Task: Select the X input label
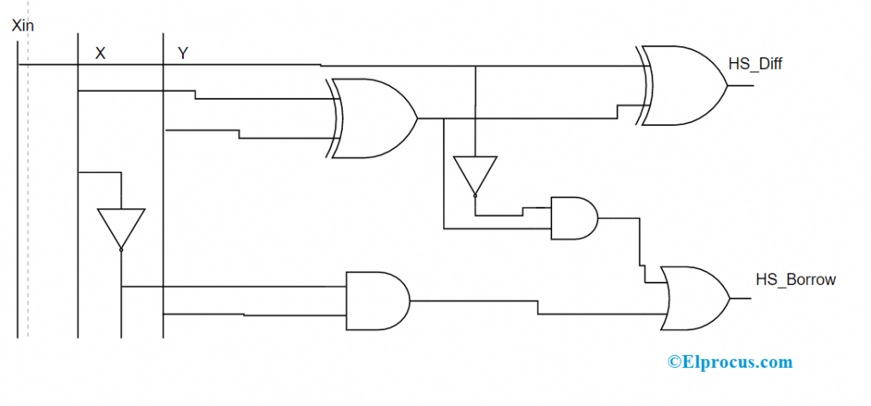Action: (x=100, y=53)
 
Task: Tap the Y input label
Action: (x=183, y=53)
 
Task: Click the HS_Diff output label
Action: (x=755, y=64)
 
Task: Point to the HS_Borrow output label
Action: (x=796, y=279)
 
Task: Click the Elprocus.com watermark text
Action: (x=730, y=362)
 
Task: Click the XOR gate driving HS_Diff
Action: (x=684, y=85)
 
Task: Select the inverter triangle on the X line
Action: (x=122, y=228)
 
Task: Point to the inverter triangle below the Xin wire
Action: (x=475, y=174)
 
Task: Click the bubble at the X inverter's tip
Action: (x=122, y=249)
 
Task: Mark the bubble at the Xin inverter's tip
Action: (x=475, y=195)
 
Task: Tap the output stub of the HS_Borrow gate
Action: (x=739, y=298)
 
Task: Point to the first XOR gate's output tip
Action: (x=417, y=118)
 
